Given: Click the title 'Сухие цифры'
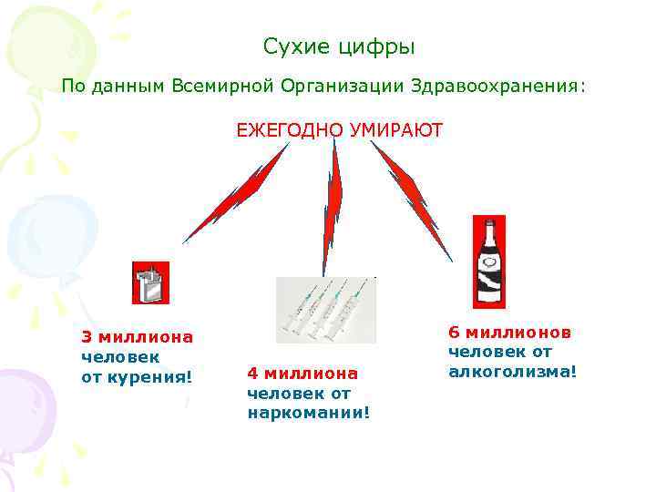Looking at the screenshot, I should point(338,46).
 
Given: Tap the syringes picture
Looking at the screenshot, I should point(325,310).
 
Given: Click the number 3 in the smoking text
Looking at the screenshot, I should point(87,337).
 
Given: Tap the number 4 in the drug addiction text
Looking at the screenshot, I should point(251,374).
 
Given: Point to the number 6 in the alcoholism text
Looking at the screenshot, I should point(453,333).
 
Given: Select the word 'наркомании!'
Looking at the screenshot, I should point(309,413).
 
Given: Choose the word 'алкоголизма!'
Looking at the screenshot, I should point(512,371).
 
